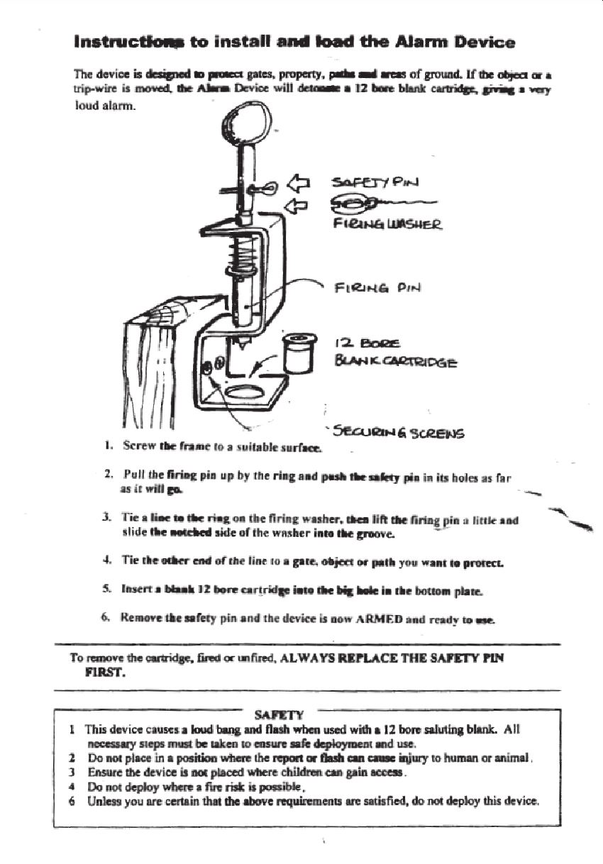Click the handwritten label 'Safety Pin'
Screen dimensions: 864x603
coord(375,182)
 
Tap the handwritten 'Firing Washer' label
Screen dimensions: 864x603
coord(387,226)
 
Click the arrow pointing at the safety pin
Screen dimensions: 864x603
coord(298,184)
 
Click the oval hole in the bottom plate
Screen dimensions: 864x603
coord(245,390)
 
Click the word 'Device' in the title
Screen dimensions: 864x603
coord(485,42)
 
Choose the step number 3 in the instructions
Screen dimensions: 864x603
coord(104,521)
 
